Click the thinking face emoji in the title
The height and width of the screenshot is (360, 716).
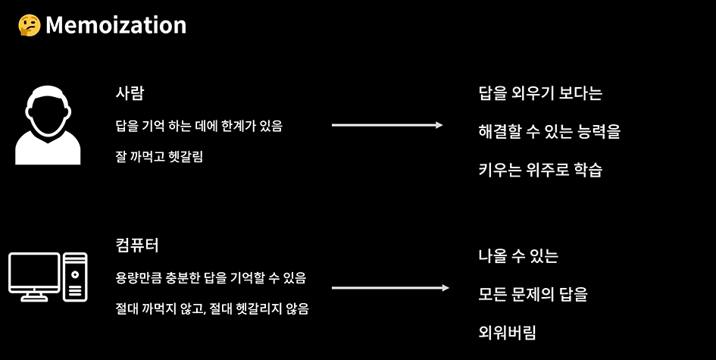click(x=29, y=25)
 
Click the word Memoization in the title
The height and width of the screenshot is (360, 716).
click(x=115, y=25)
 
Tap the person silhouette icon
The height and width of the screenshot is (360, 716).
click(x=48, y=125)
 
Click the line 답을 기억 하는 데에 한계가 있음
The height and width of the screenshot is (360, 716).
click(x=199, y=126)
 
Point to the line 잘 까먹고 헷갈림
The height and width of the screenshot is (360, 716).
click(x=160, y=157)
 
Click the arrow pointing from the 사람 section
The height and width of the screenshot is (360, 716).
click(x=387, y=125)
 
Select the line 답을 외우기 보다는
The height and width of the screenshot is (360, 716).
click(x=540, y=94)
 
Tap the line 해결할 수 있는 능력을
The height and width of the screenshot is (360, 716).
click(x=549, y=131)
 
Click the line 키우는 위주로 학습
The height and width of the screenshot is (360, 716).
click(x=540, y=169)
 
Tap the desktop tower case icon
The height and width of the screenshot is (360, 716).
click(x=75, y=276)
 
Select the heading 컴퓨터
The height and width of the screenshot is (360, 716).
click(x=137, y=246)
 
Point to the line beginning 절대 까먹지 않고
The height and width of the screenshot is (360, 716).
click(x=212, y=309)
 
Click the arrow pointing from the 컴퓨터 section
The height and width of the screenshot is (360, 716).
click(x=390, y=288)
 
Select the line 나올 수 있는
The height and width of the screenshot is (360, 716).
click(x=518, y=256)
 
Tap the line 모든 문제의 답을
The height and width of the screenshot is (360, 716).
click(x=533, y=294)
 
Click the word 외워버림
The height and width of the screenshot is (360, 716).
click(x=508, y=332)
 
